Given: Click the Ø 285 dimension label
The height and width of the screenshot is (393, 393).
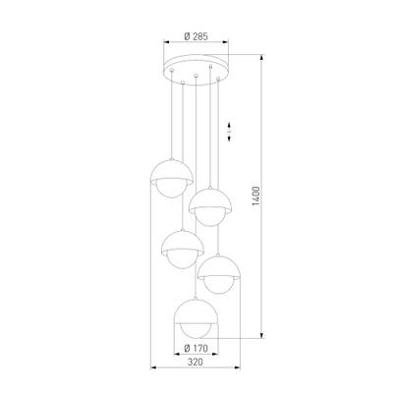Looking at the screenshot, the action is tap(196, 36).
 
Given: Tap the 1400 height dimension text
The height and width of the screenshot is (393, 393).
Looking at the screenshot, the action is tap(255, 196).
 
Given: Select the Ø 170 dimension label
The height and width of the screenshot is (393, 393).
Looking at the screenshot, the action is tap(196, 349).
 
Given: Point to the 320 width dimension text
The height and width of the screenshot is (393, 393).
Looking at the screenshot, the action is tap(196, 363).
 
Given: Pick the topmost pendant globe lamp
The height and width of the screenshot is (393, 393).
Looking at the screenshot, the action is tap(172, 179).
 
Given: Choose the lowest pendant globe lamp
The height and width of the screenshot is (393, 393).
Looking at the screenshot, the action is tap(196, 318).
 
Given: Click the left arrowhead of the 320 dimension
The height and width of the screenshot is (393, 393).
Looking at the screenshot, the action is tap(153, 367).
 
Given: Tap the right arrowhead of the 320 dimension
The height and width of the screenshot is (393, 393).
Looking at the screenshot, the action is tap(238, 367).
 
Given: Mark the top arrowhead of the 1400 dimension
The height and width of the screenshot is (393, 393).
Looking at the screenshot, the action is tap(261, 57).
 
